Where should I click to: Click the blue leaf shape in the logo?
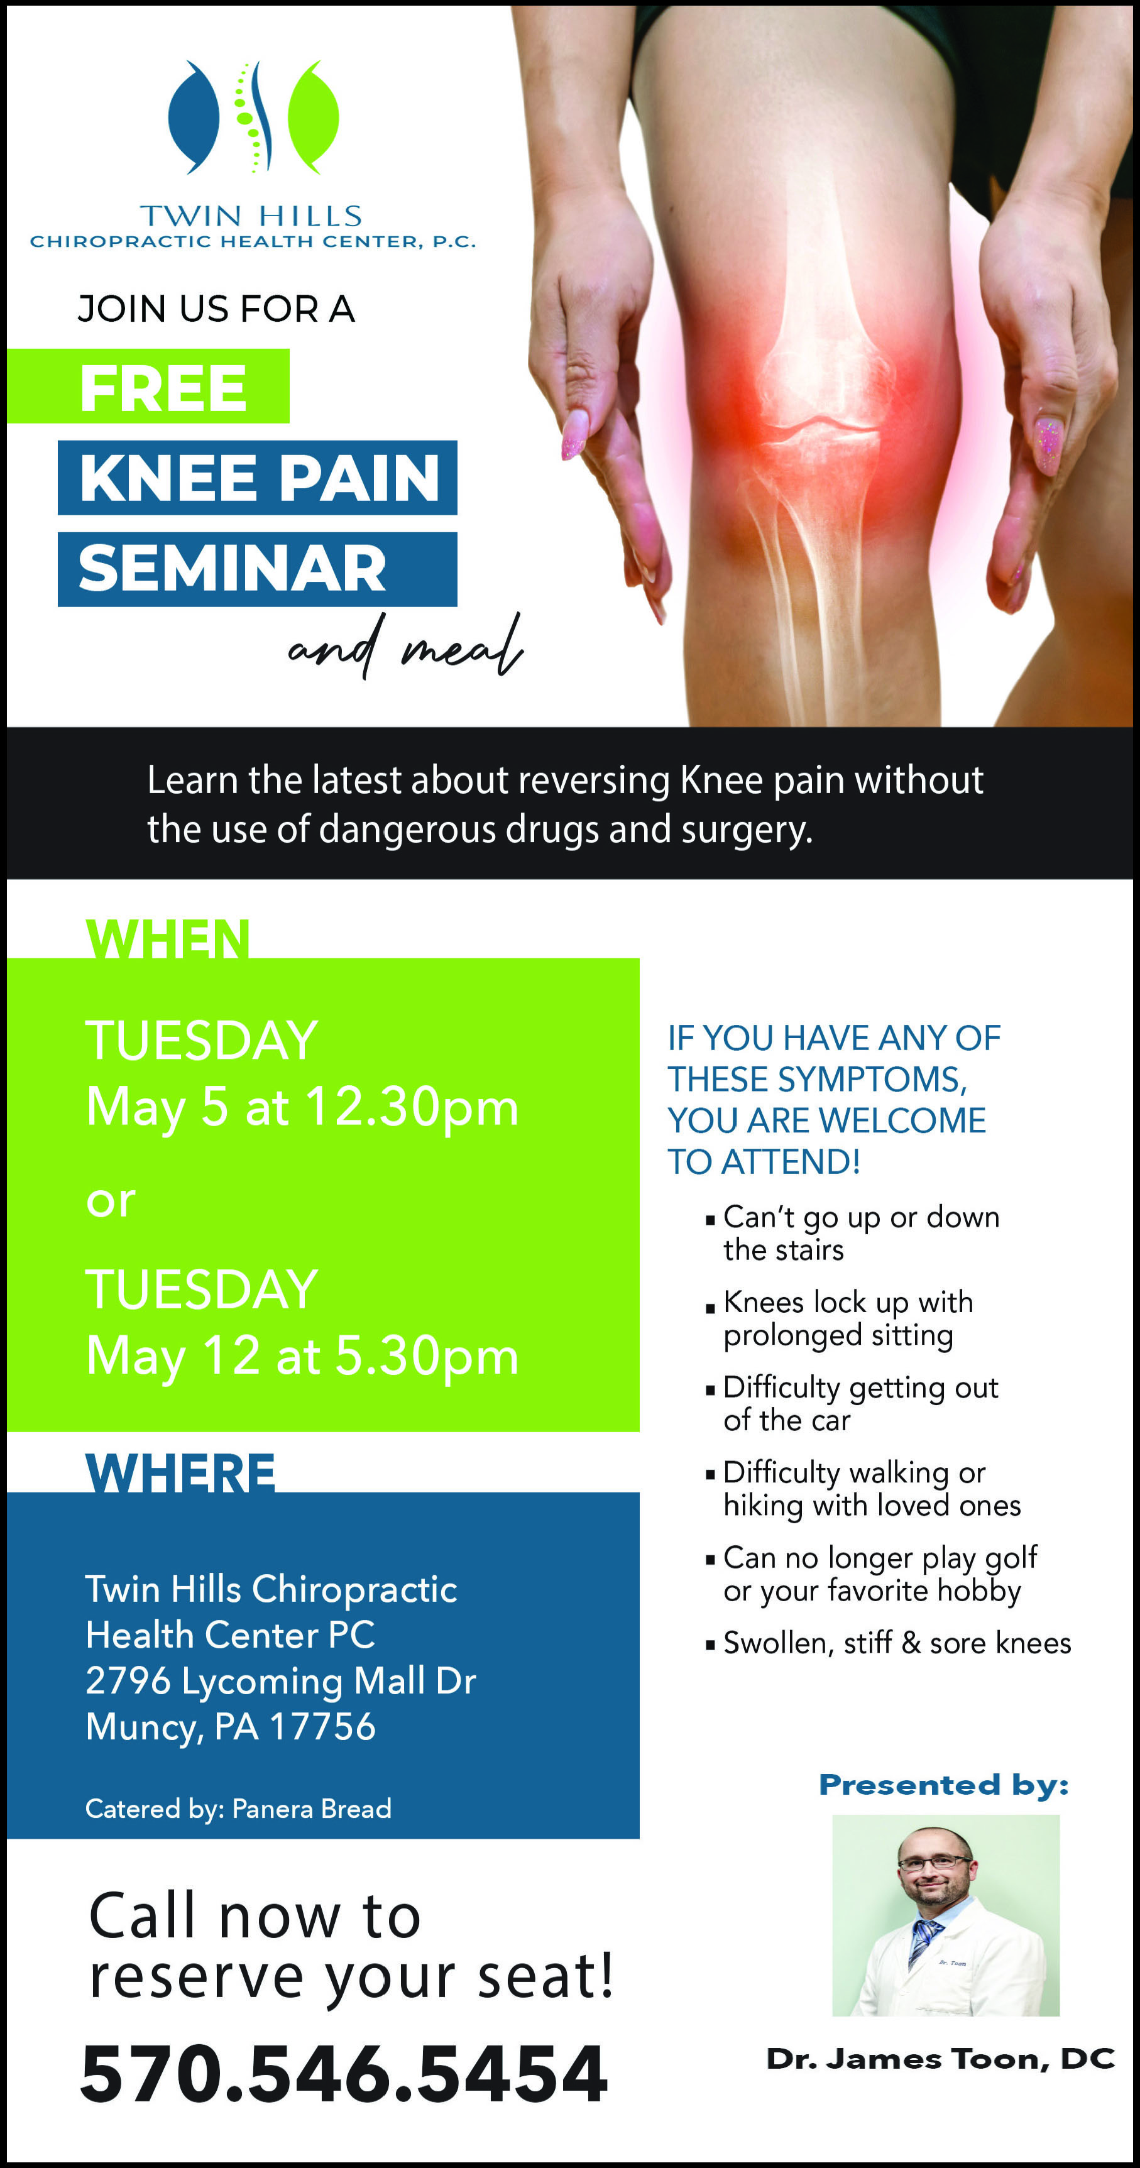click(x=194, y=117)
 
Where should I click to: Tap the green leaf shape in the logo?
click(x=313, y=117)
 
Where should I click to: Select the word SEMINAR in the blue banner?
click(x=233, y=568)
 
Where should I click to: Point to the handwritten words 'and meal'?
click(x=405, y=647)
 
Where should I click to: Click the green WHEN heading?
click(x=168, y=938)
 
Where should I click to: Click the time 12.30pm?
click(x=412, y=1107)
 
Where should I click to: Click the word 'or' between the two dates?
click(x=111, y=1201)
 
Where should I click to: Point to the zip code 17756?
click(x=322, y=1727)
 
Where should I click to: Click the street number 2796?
click(x=128, y=1682)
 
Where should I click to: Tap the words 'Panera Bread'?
click(x=312, y=1808)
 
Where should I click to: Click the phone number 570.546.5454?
click(x=344, y=2074)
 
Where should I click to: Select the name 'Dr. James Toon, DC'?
click(x=940, y=2059)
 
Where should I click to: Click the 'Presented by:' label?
click(x=944, y=1785)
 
